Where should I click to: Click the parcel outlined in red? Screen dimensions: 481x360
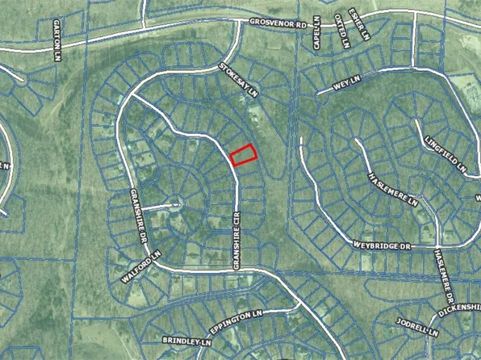pyautogui.click(x=243, y=154)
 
